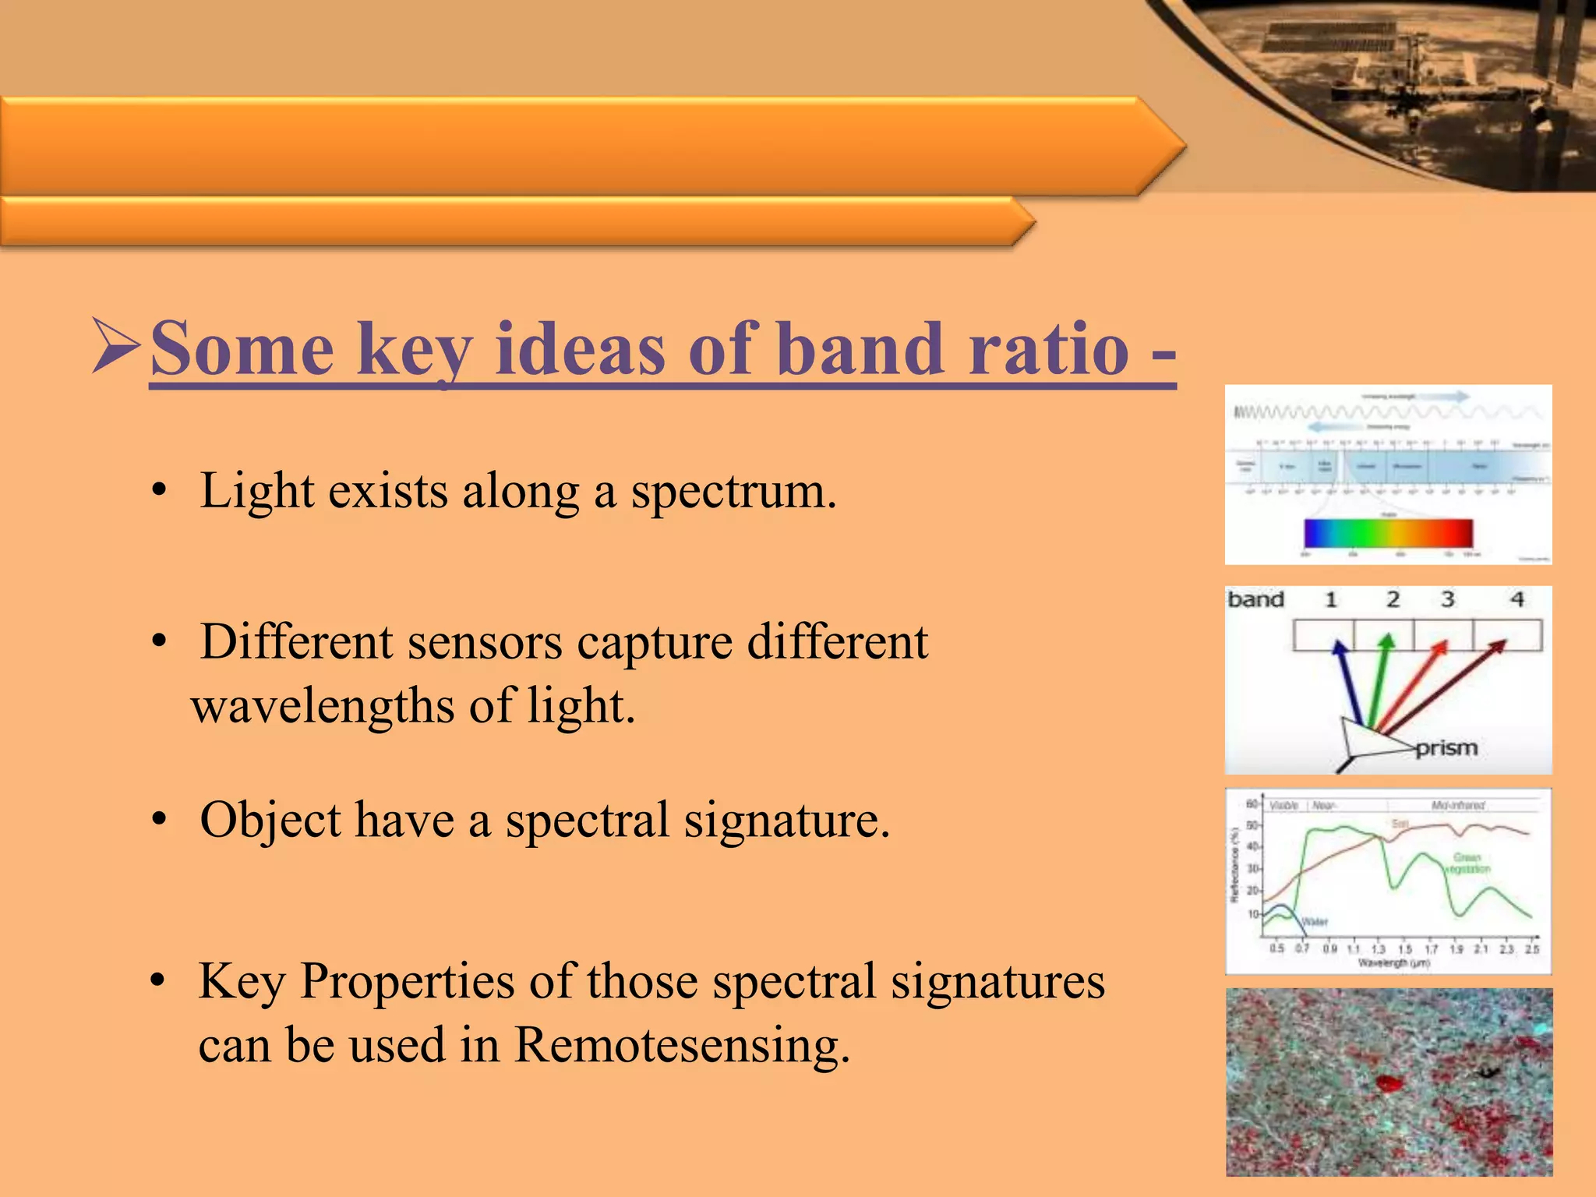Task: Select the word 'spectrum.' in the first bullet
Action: point(733,493)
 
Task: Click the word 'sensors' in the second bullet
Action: point(484,642)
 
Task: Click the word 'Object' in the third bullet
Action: point(270,820)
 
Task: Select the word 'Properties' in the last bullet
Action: point(407,980)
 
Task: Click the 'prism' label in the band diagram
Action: point(1446,748)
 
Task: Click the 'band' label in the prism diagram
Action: point(1255,599)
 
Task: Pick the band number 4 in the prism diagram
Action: point(1517,599)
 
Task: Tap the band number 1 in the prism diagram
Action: point(1331,599)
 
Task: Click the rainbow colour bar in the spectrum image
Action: point(1388,533)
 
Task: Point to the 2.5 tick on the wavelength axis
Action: point(1532,948)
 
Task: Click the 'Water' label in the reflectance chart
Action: point(1315,922)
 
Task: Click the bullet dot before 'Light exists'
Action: point(160,492)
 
